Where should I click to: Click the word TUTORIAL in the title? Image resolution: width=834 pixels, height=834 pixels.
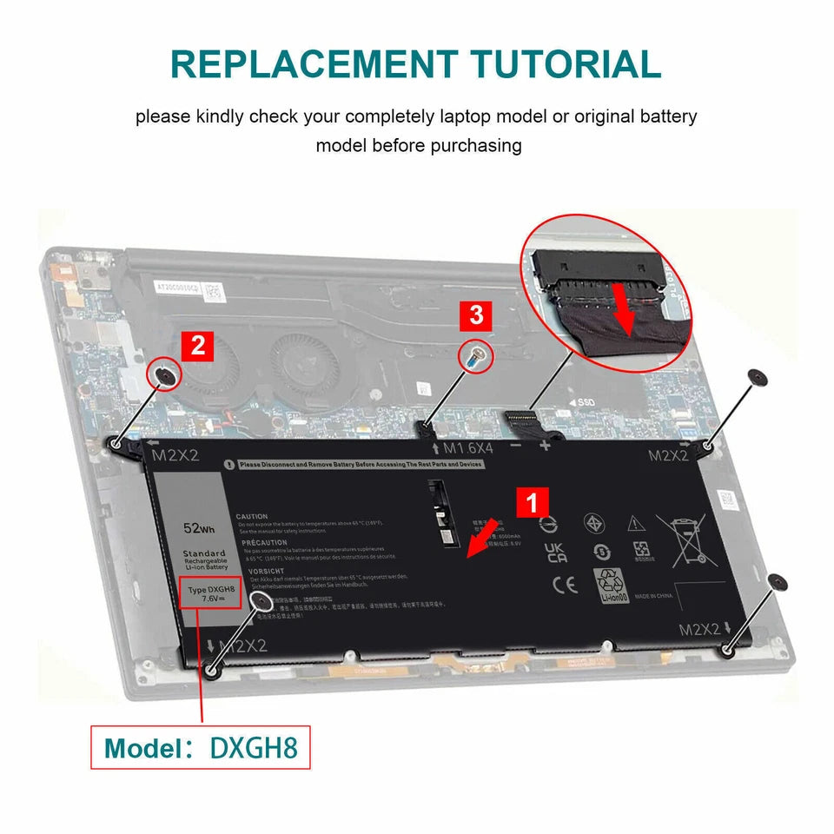coord(565,65)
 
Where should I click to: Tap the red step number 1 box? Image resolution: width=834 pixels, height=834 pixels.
coord(533,503)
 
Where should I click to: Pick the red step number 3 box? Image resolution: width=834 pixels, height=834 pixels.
coord(476,315)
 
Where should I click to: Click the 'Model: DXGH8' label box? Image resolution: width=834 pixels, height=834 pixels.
coord(200,747)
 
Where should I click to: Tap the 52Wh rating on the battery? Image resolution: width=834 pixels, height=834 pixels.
coord(199,528)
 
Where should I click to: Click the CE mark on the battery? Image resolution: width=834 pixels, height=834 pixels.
coord(559,585)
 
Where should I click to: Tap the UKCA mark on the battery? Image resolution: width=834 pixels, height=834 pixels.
coord(556,553)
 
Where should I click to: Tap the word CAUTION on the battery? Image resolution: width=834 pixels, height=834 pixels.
coord(252,517)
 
